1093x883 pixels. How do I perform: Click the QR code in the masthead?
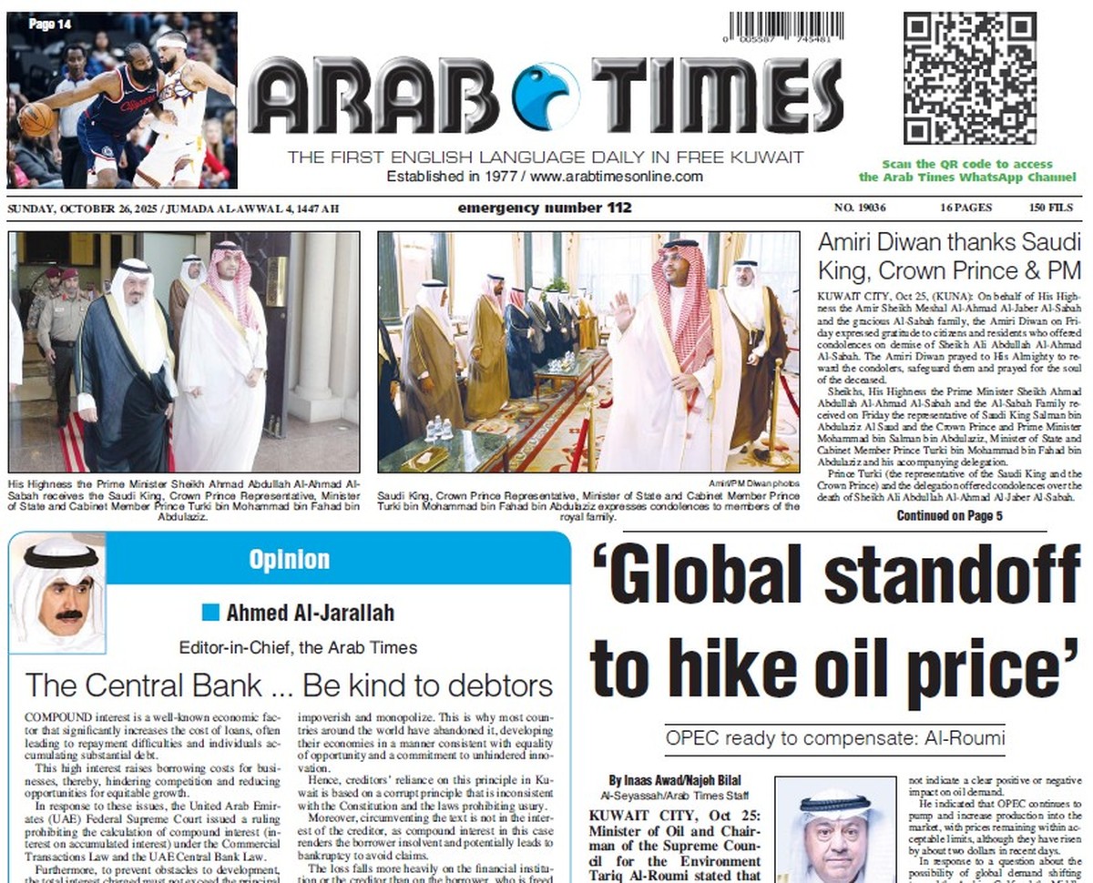tap(968, 79)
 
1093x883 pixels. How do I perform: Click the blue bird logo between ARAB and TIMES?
tap(546, 96)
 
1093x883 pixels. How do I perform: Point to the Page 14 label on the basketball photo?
tap(49, 25)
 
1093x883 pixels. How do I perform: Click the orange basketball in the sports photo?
tap(37, 119)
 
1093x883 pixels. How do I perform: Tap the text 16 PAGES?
tap(965, 208)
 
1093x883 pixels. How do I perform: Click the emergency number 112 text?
tap(544, 208)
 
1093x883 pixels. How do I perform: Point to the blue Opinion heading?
tap(290, 559)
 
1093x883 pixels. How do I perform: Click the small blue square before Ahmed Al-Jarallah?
tap(210, 613)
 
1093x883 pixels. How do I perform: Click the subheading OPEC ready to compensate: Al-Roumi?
tap(834, 737)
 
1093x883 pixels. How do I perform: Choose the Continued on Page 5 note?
tap(949, 516)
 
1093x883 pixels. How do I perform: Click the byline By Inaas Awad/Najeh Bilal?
tap(675, 780)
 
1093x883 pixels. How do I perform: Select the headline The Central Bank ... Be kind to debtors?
tap(289, 685)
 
